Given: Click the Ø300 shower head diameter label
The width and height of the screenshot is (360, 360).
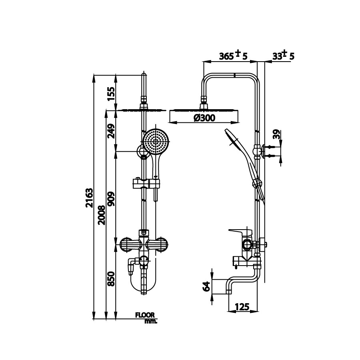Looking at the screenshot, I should pos(204,118).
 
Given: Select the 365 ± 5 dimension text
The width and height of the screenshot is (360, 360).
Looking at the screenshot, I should pos(234,56).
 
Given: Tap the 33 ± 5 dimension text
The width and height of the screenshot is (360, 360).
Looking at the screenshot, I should pos(283,56).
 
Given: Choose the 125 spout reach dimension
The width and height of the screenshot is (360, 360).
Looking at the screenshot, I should pos(242,307).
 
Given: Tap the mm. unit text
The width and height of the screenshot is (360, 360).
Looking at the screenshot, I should pos(150,321).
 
